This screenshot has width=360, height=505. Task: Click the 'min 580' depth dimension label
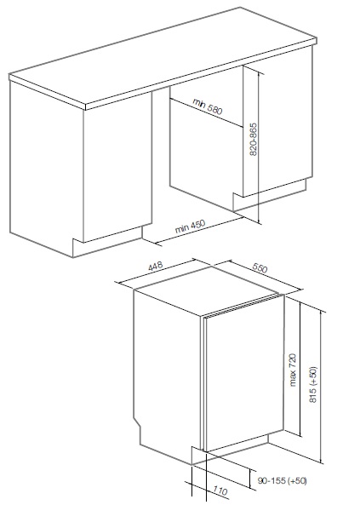[x=208, y=106]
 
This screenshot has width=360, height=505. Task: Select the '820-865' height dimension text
[x=254, y=139]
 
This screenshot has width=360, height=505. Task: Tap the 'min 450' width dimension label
[x=190, y=226]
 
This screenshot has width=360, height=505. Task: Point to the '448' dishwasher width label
[x=155, y=267]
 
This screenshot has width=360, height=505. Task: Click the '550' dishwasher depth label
[x=260, y=267]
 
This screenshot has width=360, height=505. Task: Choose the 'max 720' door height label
[x=292, y=370]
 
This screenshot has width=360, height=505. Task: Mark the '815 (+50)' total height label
[x=313, y=384]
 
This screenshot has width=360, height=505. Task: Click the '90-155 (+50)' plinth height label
[x=282, y=480]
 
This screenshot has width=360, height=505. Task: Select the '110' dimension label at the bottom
[x=220, y=491]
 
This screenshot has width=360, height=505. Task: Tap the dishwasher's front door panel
[x=244, y=374]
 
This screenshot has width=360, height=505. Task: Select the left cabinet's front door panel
[x=117, y=168]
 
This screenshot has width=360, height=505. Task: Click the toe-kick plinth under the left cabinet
[x=107, y=242]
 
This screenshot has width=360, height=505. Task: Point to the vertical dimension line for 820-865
[x=258, y=147]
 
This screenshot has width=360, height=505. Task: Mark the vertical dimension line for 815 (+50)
[x=321, y=387]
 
